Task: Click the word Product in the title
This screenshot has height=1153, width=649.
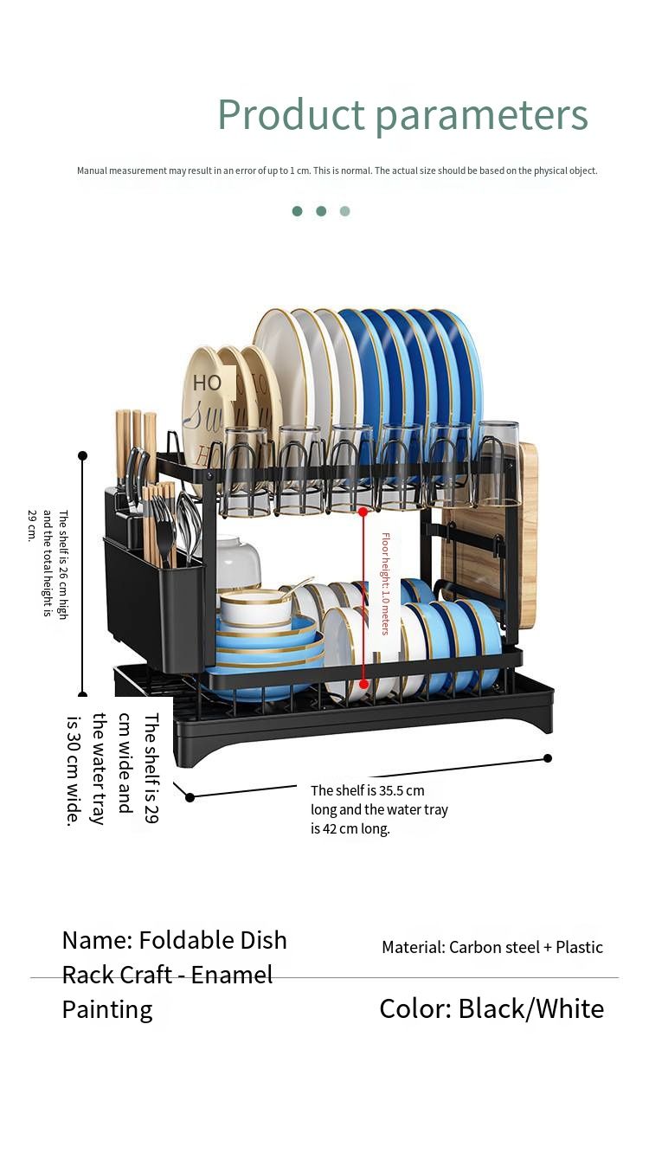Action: coord(292,113)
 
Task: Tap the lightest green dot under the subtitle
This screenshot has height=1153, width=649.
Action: coord(344,211)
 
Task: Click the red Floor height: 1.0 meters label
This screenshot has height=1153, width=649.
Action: coord(385,583)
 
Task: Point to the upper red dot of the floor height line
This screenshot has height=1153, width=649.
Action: coord(363,512)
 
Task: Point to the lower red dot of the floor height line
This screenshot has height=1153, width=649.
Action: coord(363,684)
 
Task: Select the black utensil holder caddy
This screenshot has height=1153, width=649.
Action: coord(154,582)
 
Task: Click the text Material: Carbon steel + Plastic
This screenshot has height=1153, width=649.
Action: coord(492,947)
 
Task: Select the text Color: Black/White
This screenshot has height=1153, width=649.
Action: coord(492,1009)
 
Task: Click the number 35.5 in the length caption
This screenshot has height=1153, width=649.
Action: coord(392,790)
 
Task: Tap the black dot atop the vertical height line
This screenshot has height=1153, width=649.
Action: coord(83,455)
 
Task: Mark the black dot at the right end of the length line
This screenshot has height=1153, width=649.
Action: coord(548,758)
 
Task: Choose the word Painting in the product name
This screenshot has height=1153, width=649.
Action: coord(107,1010)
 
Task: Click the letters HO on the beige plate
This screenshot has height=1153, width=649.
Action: coord(207,383)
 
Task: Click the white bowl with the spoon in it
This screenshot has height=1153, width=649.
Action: coord(255,611)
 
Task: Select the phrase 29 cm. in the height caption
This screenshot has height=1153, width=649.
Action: coord(32,525)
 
